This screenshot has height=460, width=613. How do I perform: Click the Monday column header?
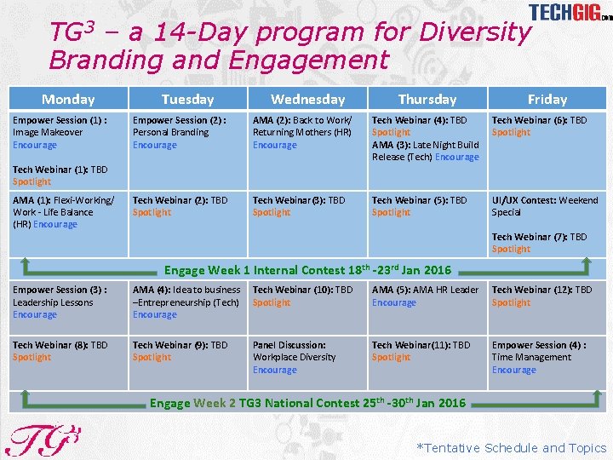click(68, 99)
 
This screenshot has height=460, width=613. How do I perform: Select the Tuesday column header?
click(187, 99)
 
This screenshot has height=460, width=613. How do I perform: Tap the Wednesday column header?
click(307, 99)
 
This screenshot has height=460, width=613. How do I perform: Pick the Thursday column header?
click(427, 99)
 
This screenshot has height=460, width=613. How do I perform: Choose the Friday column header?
click(547, 99)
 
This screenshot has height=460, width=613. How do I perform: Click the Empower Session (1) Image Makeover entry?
click(60, 132)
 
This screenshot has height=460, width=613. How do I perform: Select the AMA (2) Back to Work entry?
click(302, 132)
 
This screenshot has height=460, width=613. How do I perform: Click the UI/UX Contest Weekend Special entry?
click(545, 206)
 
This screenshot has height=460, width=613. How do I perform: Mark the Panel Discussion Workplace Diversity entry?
click(294, 357)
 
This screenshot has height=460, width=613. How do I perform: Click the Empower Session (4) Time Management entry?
click(538, 357)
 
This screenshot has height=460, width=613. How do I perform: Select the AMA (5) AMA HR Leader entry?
click(425, 296)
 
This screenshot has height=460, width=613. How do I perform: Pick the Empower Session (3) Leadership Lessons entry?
click(60, 302)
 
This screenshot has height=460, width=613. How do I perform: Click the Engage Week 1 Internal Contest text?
click(307, 270)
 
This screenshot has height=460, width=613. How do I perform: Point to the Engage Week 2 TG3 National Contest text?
click(307, 403)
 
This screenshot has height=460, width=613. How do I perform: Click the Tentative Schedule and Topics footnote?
click(511, 448)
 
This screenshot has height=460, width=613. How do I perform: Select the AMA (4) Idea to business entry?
click(186, 302)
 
